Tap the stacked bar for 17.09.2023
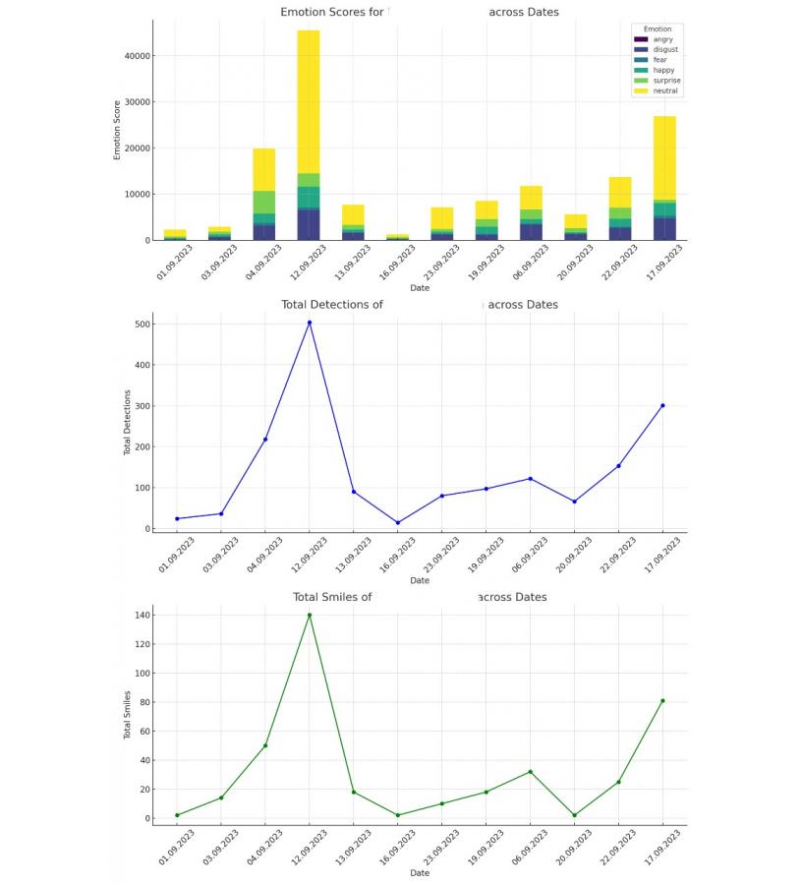coord(663,167)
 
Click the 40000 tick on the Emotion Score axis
coord(137,56)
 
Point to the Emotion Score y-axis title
coord(117,129)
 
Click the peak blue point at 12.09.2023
coord(310,323)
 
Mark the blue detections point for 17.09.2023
coord(662,405)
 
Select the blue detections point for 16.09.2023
coord(397,523)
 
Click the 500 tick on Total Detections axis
coord(143,324)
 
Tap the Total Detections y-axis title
coord(127,422)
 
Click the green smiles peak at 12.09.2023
coord(310,616)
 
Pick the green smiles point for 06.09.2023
coord(530,772)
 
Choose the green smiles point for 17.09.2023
coord(662,701)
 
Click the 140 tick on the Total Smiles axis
coord(143,616)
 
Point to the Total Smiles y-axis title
coord(127,715)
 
